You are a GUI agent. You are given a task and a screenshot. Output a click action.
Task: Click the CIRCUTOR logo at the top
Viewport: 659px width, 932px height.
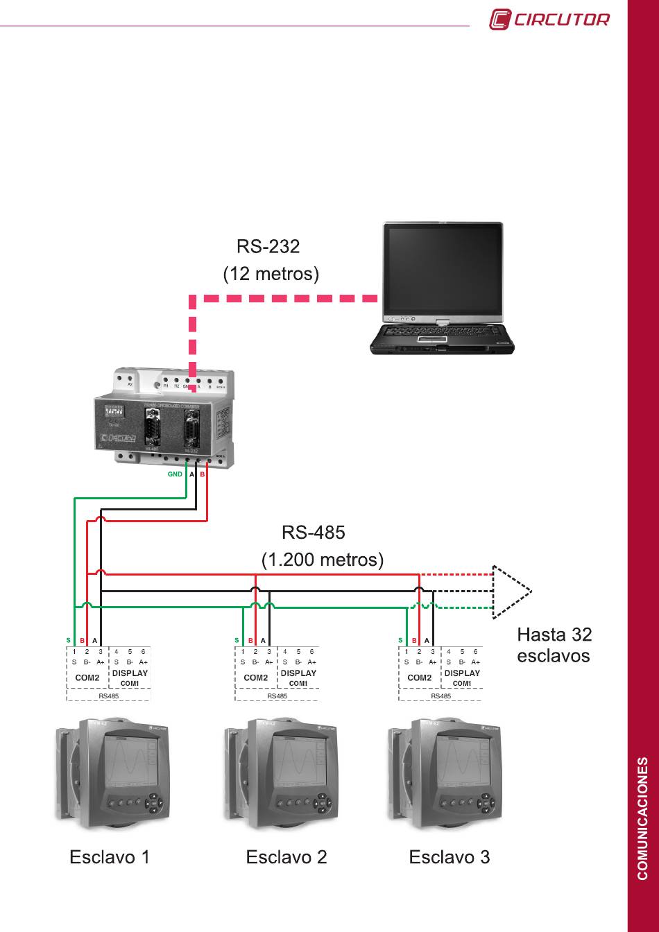click(x=549, y=19)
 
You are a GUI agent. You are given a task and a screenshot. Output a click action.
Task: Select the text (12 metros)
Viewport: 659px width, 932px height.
click(x=271, y=274)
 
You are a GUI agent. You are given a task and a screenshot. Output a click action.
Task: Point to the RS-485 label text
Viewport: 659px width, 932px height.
click(x=313, y=533)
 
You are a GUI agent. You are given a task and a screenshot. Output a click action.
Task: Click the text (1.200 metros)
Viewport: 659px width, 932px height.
click(x=322, y=559)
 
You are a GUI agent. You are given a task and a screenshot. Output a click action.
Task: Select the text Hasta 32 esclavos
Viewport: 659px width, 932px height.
click(x=554, y=645)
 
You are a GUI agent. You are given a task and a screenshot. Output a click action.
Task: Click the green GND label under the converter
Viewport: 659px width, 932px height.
click(x=175, y=475)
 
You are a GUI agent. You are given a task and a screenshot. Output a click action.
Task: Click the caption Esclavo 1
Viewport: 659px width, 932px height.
click(x=110, y=857)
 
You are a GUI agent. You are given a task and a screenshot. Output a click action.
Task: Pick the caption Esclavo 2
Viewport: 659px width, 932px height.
click(x=286, y=857)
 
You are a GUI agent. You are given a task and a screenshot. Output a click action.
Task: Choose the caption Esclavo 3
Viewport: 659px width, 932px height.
click(x=449, y=857)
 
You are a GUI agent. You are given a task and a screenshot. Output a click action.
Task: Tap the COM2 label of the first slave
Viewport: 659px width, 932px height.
click(x=87, y=678)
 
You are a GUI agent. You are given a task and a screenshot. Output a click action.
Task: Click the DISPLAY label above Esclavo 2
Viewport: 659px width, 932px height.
click(x=298, y=673)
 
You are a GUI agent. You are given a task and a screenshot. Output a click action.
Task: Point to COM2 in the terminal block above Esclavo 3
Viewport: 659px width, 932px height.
click(x=419, y=678)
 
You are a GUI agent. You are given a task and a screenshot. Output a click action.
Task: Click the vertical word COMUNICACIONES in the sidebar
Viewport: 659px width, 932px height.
click(x=643, y=818)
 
